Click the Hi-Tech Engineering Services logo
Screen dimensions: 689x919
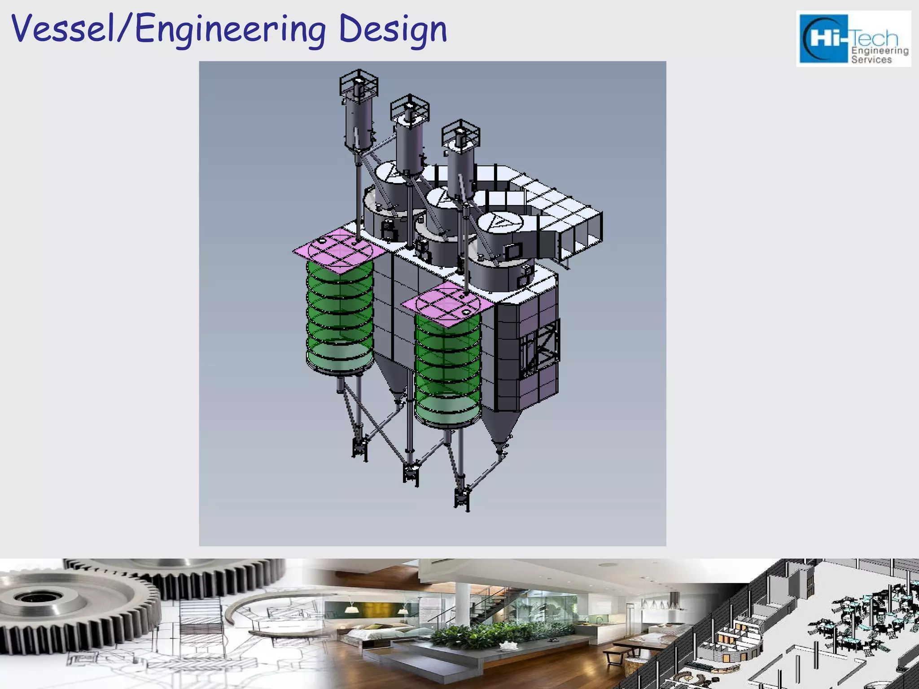click(x=853, y=39)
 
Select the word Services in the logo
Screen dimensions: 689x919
click(x=871, y=60)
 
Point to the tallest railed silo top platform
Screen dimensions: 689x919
click(x=359, y=83)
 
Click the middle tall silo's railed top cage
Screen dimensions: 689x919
click(x=409, y=108)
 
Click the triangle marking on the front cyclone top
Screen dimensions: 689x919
click(x=498, y=221)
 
